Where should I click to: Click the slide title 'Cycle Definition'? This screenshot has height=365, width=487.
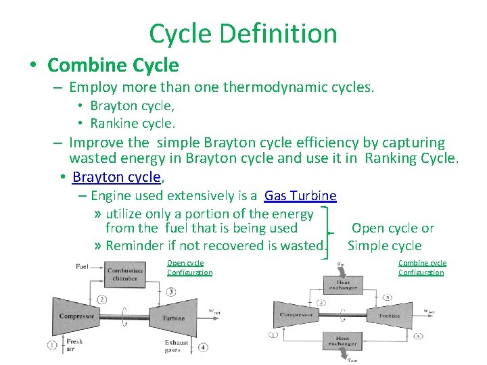click(243, 33)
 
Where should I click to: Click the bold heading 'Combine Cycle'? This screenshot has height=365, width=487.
click(113, 65)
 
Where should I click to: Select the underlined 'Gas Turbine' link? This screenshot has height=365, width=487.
click(300, 196)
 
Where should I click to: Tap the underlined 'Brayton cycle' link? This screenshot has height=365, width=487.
click(116, 177)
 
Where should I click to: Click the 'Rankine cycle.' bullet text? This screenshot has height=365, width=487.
click(133, 123)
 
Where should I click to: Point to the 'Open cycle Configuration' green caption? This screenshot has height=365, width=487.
click(189, 268)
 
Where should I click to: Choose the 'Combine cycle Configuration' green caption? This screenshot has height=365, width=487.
click(421, 268)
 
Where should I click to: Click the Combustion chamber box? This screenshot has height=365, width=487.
click(125, 274)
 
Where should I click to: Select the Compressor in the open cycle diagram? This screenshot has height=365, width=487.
click(76, 316)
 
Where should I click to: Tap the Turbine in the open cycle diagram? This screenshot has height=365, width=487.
click(174, 318)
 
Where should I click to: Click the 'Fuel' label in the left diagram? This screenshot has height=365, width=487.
click(82, 266)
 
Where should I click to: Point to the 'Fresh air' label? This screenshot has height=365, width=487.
click(74, 345)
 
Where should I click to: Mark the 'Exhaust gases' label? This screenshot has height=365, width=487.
click(177, 346)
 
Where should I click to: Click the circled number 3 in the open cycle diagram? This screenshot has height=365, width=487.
click(171, 292)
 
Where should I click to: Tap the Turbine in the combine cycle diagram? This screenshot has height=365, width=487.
click(389, 316)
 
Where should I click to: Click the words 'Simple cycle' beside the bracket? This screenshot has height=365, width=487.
click(384, 245)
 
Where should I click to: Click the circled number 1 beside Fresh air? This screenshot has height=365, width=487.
click(53, 345)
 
